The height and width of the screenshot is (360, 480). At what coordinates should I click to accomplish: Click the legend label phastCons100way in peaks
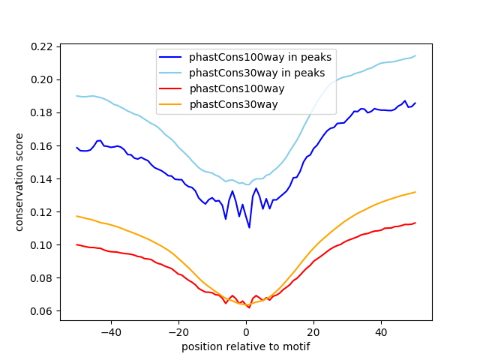coord(260,57)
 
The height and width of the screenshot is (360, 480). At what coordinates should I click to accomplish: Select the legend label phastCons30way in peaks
coord(256,73)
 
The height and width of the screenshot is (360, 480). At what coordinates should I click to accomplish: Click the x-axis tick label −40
coord(110,331)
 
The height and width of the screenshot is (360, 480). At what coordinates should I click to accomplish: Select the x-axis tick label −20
coord(178,331)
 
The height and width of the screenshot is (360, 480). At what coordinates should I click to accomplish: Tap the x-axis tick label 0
coord(246,331)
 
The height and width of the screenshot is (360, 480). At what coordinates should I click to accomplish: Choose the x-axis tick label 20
coord(313,331)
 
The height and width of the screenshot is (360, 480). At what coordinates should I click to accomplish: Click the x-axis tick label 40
coord(381,331)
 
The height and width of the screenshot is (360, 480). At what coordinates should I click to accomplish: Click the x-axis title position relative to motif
coord(246,346)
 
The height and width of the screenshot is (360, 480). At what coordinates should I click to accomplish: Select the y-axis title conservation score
coord(19,182)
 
